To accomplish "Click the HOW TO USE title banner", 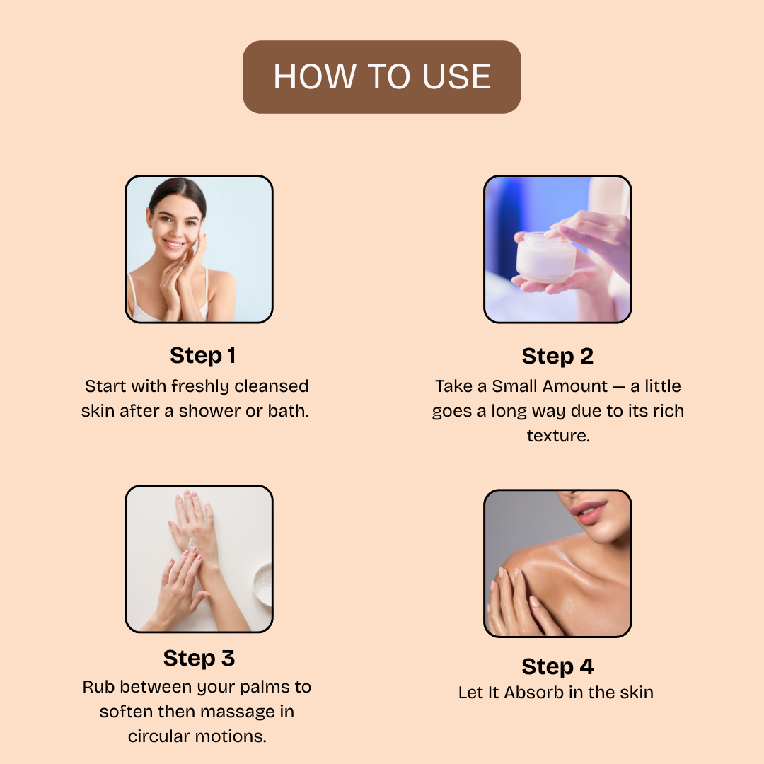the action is click(382, 77).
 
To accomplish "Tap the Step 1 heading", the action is click(203, 356).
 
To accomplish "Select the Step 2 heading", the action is click(557, 356).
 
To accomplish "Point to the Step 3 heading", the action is click(199, 659).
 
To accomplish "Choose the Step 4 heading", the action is click(557, 666).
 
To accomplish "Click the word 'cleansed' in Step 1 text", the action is click(272, 386).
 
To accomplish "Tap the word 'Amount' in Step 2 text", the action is click(575, 386).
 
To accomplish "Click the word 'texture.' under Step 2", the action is click(558, 436).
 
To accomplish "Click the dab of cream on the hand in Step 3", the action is click(192, 544).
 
